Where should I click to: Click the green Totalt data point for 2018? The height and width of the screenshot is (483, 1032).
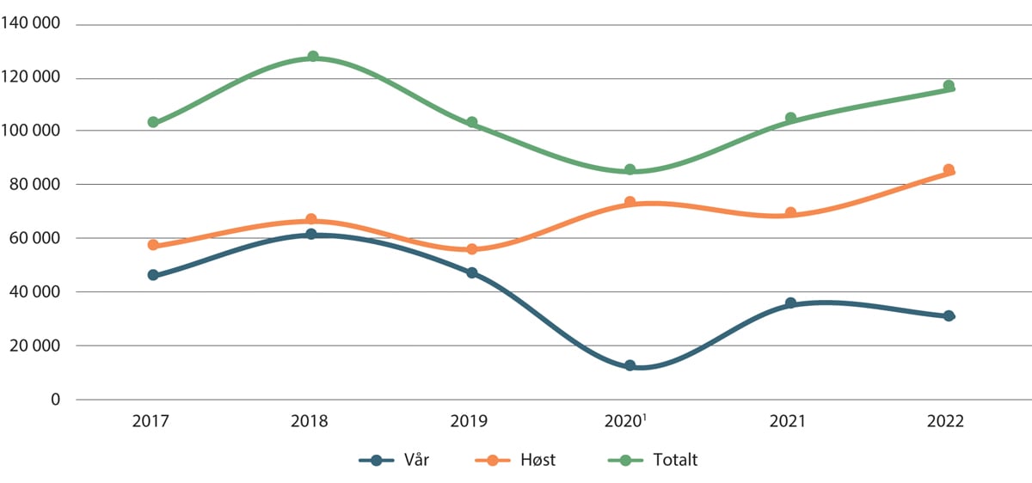coord(313,57)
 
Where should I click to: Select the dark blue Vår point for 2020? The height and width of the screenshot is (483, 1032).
coord(630,365)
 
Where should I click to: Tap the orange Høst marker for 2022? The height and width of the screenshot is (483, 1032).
coord(949,170)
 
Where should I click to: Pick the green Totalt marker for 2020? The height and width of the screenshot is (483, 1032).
coord(630,169)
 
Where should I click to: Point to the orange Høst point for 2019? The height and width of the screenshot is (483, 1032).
coord(471,249)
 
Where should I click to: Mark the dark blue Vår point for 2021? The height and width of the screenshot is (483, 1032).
coord(790,303)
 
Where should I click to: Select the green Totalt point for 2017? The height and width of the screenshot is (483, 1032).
coord(153,122)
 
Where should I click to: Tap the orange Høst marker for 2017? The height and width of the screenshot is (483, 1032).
coord(153,245)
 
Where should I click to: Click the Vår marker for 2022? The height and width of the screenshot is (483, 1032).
coord(949,315)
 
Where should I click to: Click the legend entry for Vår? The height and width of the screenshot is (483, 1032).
coord(395,460)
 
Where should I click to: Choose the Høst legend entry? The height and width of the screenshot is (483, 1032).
coord(515,460)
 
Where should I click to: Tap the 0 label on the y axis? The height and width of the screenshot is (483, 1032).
coord(55,400)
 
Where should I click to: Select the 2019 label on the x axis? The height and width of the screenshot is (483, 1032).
coord(470,422)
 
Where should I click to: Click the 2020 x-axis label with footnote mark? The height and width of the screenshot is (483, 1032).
coord(630,422)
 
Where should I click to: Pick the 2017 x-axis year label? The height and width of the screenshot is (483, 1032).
coord(151,422)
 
